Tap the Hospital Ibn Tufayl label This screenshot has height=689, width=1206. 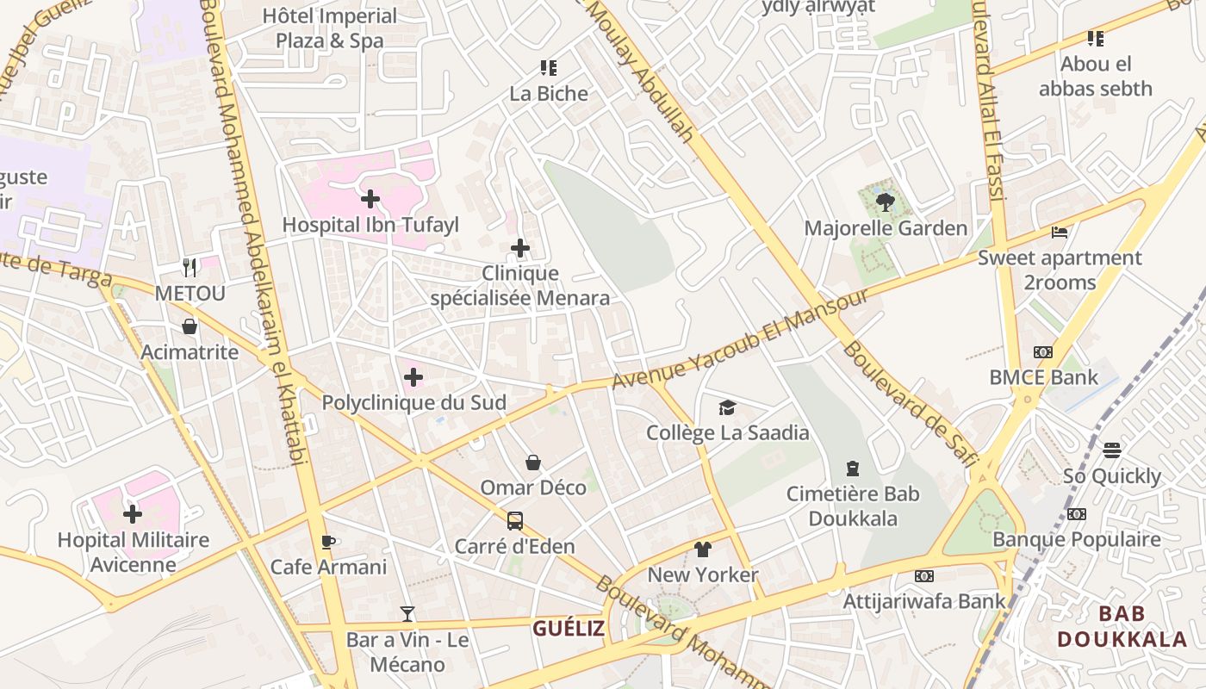[x=370, y=226]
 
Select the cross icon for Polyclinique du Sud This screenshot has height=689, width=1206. [x=413, y=377]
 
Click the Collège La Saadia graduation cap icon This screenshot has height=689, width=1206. [x=728, y=407]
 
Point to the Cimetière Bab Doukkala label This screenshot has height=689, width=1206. [x=853, y=506]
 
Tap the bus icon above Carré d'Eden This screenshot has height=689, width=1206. [x=514, y=521]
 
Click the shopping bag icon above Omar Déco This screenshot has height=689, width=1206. [x=533, y=462]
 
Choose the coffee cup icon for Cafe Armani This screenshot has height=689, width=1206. [x=328, y=542]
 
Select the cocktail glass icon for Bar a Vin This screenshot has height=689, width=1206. [x=407, y=614]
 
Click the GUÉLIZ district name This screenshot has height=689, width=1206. [x=568, y=629]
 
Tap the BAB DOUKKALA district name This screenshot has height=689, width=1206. [x=1122, y=626]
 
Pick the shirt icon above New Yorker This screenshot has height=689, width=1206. [x=703, y=549]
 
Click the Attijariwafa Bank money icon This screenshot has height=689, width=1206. [x=923, y=575]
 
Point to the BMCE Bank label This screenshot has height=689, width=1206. [x=1043, y=377]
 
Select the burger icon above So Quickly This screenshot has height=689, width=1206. [x=1112, y=450]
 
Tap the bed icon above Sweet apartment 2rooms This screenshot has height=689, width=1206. [x=1060, y=233]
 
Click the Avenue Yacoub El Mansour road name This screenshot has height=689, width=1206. [x=741, y=338]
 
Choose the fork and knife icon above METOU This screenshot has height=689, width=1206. [x=190, y=268]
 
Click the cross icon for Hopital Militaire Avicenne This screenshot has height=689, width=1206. [x=133, y=515]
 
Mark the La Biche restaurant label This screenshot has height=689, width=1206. [x=549, y=94]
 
